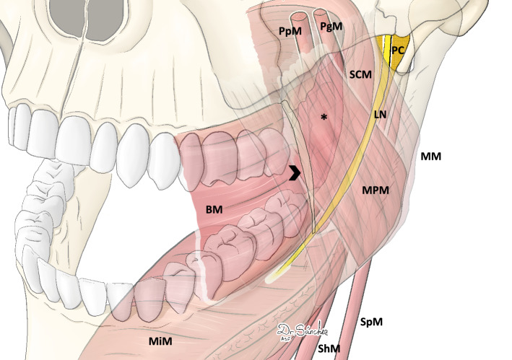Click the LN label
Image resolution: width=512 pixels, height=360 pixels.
click(x=381, y=114)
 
